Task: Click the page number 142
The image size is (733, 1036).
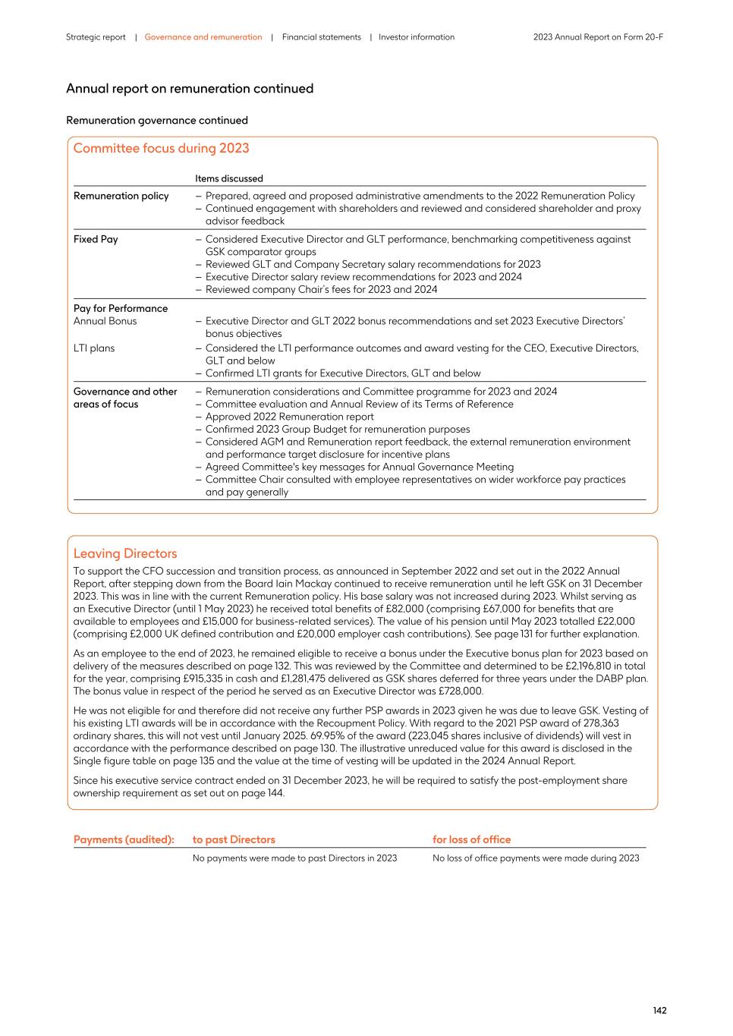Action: pos(659,1010)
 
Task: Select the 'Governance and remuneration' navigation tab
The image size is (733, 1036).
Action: pos(203,37)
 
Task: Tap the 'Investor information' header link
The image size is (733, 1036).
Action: pos(417,37)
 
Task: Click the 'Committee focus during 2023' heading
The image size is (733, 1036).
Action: pos(161,149)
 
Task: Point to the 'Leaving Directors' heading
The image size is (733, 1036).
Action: pos(125,553)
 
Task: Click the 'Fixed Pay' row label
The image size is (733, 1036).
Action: pos(96,239)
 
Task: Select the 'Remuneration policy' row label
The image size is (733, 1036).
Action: pos(121,196)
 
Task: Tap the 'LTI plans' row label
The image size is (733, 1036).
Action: pos(93,348)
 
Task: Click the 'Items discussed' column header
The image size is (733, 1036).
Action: pos(228,179)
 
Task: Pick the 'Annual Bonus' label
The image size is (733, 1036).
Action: pos(105,321)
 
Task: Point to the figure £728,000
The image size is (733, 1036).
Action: pos(461,691)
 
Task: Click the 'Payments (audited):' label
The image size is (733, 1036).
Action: pos(124,839)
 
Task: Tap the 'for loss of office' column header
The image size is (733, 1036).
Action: pos(471,839)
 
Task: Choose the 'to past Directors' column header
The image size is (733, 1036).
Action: pos(234,839)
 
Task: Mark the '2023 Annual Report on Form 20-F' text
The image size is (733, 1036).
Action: pos(598,37)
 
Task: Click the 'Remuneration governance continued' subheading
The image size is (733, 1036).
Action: pos(157,121)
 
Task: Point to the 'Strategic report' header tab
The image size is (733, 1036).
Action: pos(96,37)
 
